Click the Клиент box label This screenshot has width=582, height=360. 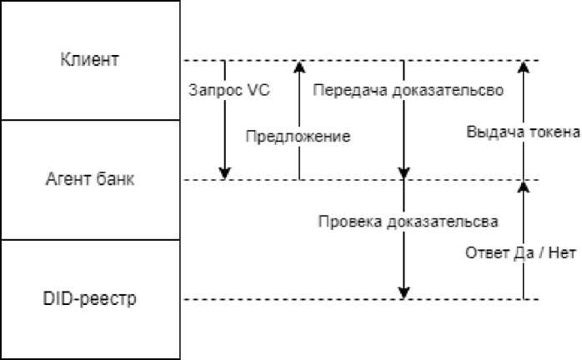click(x=90, y=60)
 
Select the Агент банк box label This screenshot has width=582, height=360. click(x=90, y=180)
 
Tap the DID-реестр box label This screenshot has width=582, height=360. click(x=90, y=299)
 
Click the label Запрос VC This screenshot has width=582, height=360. click(x=230, y=91)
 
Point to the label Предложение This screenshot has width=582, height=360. click(x=298, y=136)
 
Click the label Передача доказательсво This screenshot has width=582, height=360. click(x=408, y=91)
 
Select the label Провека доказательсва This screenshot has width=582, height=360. click(x=409, y=222)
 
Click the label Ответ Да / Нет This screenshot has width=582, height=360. click(x=520, y=252)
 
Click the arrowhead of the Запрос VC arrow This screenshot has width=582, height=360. click(x=224, y=172)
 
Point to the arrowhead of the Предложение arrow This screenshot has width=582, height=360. click(x=299, y=67)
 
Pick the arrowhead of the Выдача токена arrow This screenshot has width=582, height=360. click(x=523, y=67)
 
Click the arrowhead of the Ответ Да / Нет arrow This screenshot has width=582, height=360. click(x=523, y=187)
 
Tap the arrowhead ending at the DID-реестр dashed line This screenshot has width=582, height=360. click(x=404, y=292)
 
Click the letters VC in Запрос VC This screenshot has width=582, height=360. click(x=258, y=91)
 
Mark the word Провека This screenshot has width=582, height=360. click(x=344, y=222)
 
